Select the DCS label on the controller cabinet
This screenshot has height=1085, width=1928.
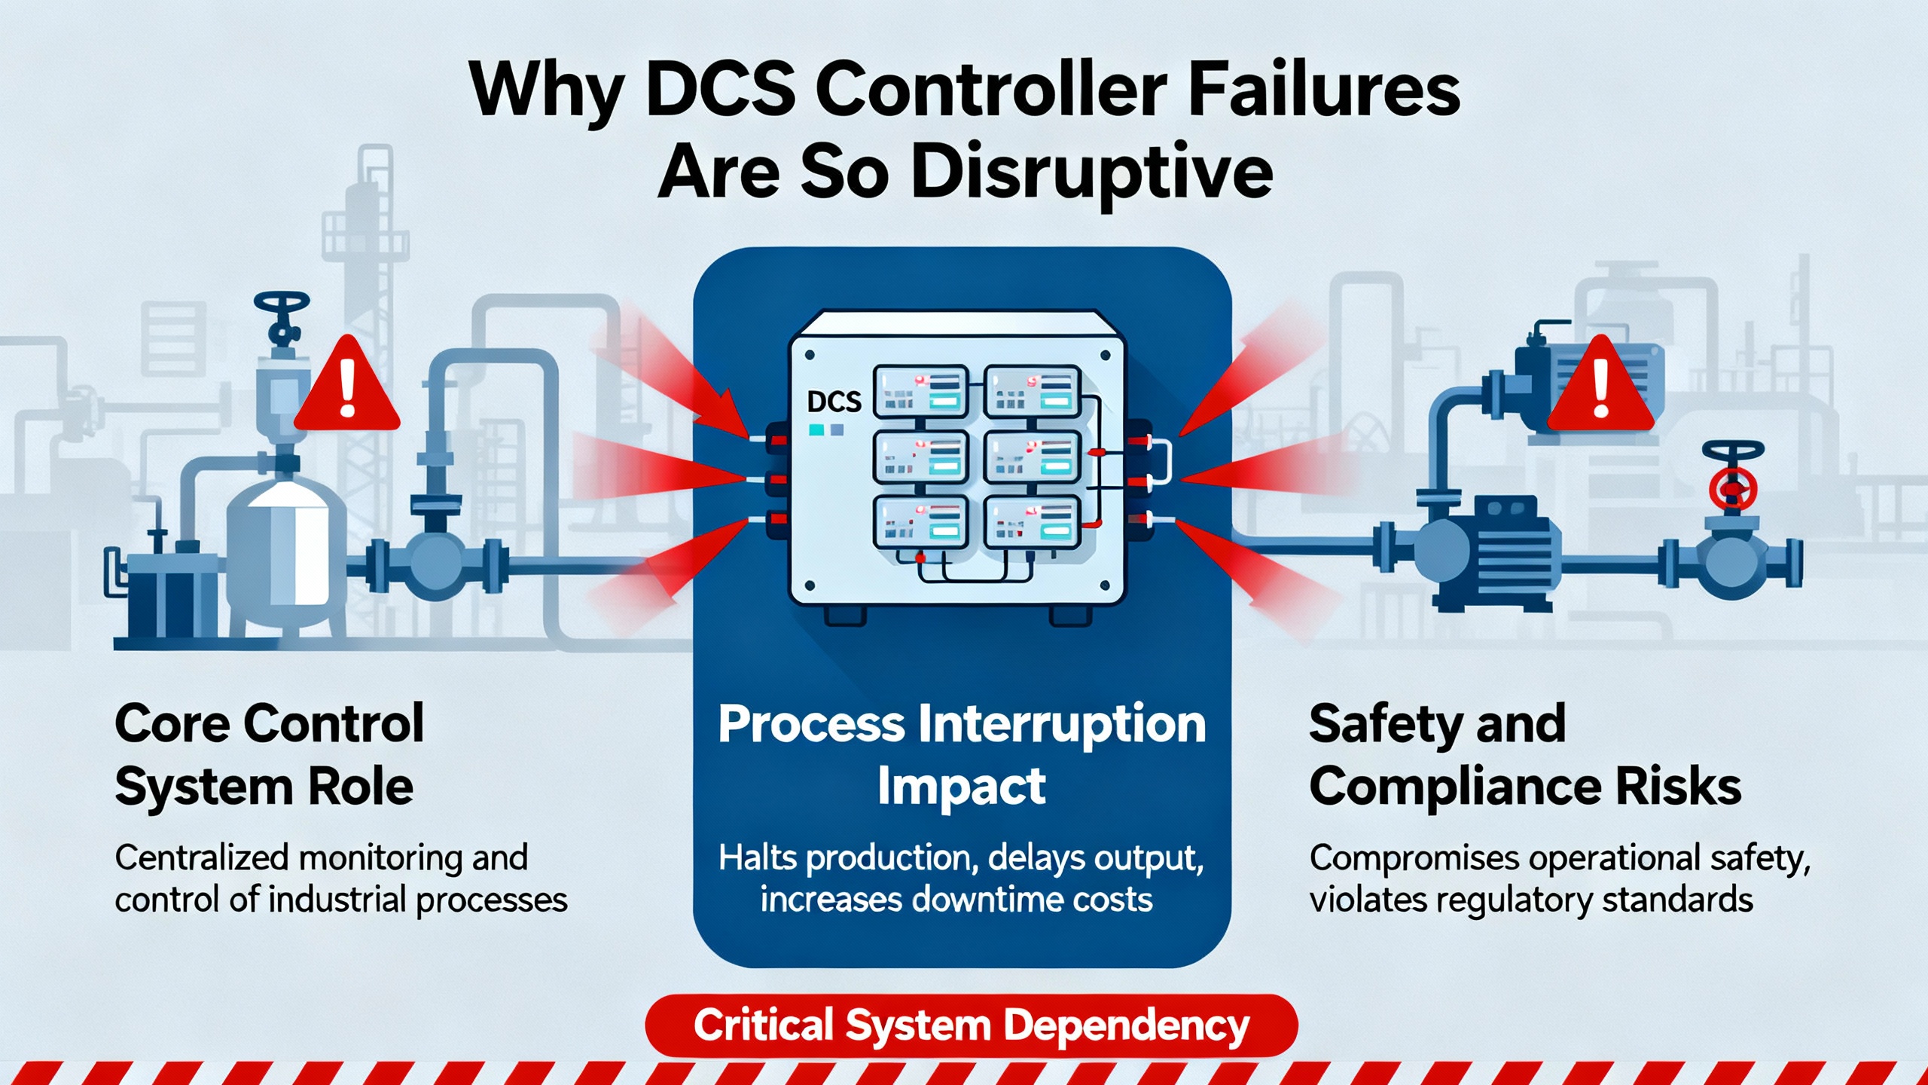pos(834,402)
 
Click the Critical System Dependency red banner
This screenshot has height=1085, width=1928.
pos(972,1025)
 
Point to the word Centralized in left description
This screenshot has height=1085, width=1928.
pos(202,858)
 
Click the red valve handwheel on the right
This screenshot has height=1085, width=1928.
pos(1733,488)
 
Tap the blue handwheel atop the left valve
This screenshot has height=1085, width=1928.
pos(282,305)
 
